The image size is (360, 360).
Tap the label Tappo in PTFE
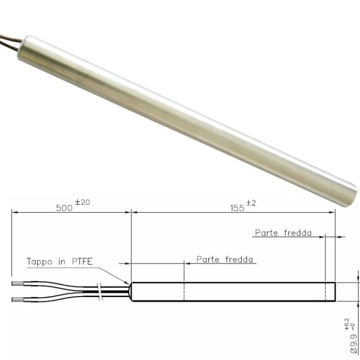click(59, 261)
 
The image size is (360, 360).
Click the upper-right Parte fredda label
click(283, 233)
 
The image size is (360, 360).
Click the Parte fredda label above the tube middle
click(225, 260)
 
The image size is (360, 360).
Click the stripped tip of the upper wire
click(18, 284)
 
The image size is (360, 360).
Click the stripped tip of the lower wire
click(18, 299)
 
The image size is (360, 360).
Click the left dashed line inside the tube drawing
click(184, 292)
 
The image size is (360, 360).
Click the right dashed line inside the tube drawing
click(325, 292)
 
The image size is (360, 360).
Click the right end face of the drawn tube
click(336, 292)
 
